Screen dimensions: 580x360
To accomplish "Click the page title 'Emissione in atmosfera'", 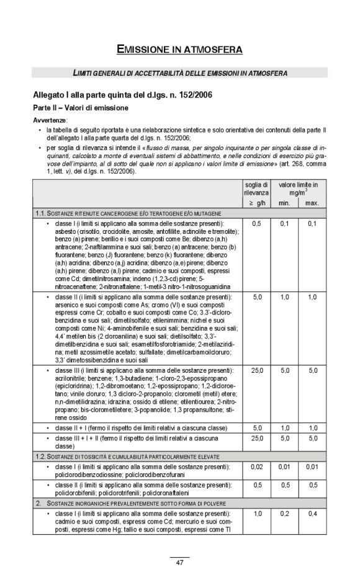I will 179,49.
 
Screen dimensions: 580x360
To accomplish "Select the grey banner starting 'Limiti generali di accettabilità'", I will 179,73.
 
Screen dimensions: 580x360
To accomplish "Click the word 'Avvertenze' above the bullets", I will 50,120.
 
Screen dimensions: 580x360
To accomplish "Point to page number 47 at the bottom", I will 179,563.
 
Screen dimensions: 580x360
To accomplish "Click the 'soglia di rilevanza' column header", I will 256,189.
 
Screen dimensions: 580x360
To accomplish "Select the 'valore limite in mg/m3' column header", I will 298,189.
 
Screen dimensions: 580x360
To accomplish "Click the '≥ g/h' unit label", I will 256,203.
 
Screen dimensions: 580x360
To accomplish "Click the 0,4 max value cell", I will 313,514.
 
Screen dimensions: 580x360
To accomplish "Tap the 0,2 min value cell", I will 284,514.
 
